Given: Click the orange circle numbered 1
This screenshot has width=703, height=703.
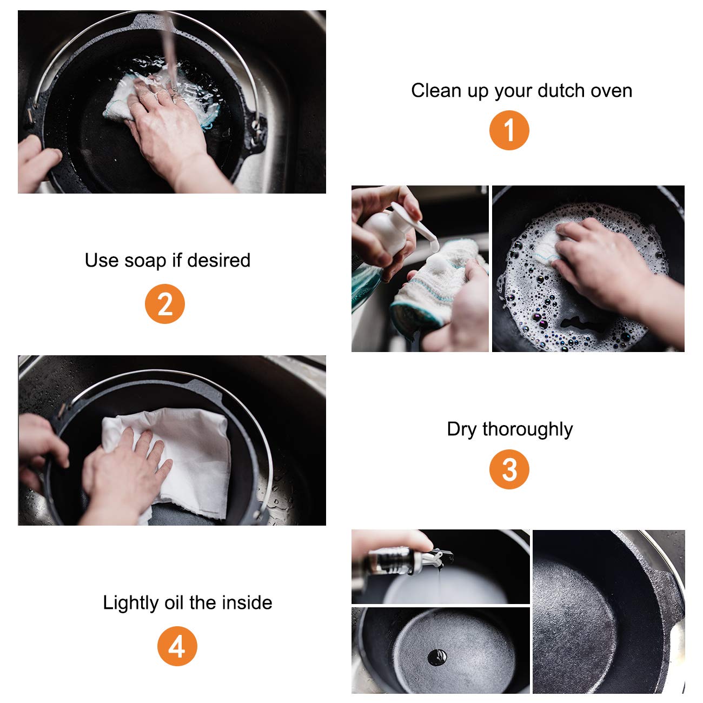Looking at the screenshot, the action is point(509,130).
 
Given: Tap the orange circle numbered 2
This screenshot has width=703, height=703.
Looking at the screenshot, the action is point(164,304).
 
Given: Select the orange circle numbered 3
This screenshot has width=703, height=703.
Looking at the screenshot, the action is point(509,469).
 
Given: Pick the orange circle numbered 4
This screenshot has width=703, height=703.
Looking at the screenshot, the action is point(177,646).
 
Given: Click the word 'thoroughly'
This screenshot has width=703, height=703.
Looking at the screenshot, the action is point(528,429).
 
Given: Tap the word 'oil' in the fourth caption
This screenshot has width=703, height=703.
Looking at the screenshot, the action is point(174,602).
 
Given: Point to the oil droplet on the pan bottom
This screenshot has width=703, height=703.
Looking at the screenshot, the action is point(437,658).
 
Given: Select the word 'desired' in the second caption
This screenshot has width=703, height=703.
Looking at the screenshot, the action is point(218,260).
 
